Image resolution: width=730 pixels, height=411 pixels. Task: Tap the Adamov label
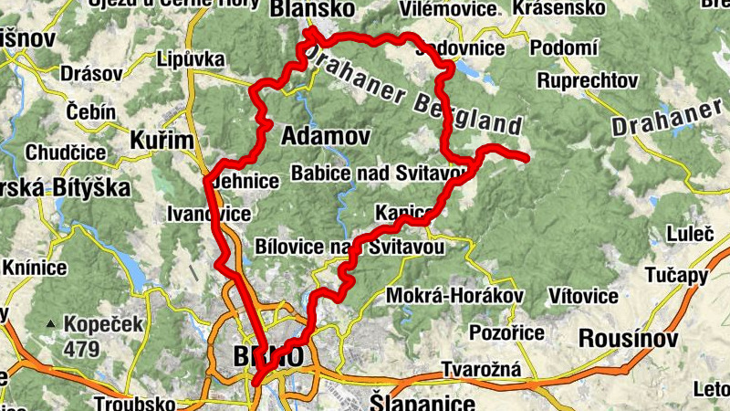pyautogui.click(x=326, y=137)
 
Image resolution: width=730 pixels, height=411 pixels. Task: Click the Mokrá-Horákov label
pyautogui.click(x=455, y=296)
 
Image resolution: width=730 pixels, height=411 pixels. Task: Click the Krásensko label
pyautogui.click(x=559, y=8)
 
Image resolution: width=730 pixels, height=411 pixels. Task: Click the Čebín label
pyautogui.click(x=91, y=111)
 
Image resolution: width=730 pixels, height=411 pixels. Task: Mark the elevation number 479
pyautogui.click(x=82, y=348)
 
